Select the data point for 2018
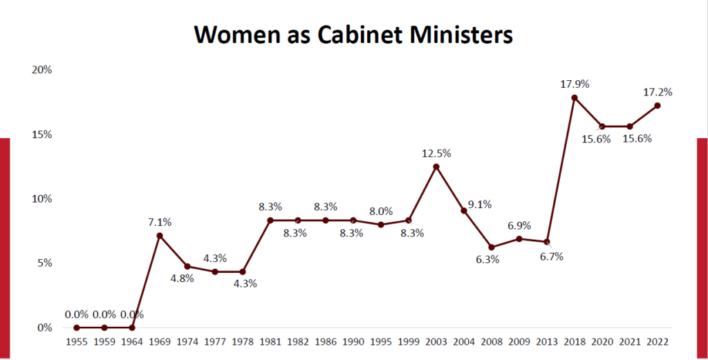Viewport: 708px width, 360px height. coord(574,97)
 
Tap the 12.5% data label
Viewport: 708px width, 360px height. coord(436,152)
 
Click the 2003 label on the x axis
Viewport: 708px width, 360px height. coord(436,341)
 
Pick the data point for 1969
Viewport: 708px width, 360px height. coord(160,236)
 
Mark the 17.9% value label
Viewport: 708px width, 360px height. coord(575,84)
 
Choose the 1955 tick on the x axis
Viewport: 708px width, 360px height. coord(77,341)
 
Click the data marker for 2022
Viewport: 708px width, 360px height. coord(657,106)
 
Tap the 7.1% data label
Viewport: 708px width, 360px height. coord(159,222)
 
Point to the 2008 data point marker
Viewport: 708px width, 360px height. coord(492,247)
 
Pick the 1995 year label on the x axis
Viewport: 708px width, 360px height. coord(380,341)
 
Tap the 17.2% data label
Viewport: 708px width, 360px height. coord(658,91)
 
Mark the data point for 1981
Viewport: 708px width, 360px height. coord(270,220)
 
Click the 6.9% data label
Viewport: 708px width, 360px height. coord(519,225)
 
